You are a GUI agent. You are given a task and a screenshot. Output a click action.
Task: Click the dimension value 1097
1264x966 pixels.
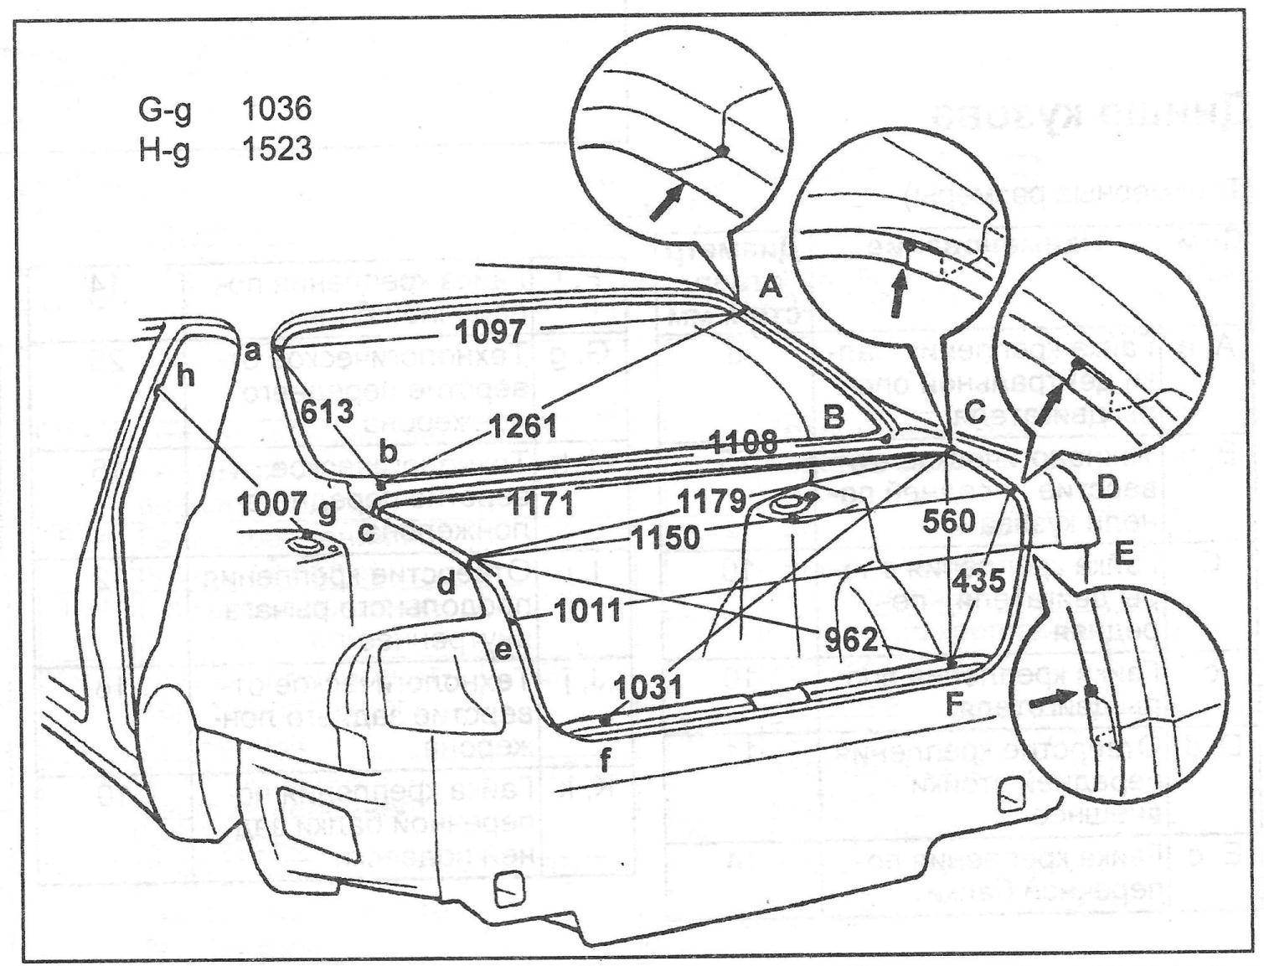pos(492,331)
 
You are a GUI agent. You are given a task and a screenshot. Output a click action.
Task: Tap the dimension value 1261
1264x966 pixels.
pos(524,426)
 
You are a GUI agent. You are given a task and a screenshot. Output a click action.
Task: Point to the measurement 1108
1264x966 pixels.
pos(743,442)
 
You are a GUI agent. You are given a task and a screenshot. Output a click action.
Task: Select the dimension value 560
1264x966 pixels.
pos(949,522)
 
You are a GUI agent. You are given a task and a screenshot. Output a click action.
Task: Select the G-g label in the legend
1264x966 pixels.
pos(164,110)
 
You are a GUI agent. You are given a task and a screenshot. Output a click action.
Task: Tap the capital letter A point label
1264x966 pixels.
pos(769,291)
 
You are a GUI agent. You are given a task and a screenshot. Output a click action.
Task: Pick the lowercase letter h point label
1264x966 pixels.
pos(186,376)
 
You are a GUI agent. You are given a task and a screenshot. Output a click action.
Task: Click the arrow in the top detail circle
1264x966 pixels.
pos(668,201)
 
